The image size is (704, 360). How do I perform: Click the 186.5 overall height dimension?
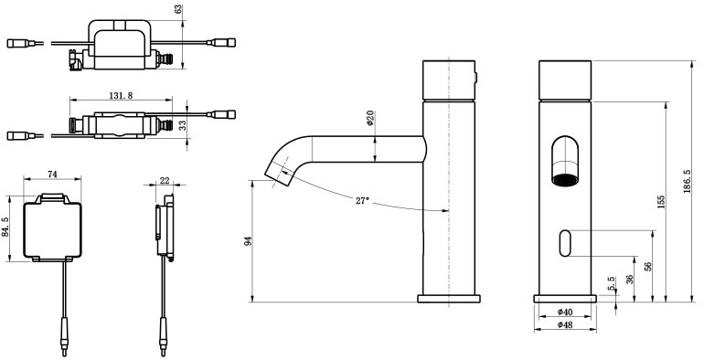click(688, 181)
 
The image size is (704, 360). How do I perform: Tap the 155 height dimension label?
click(660, 202)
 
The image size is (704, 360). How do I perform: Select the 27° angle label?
click(362, 201)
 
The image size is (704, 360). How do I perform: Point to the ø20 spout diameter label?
click(370, 118)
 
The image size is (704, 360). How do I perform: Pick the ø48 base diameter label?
click(565, 325)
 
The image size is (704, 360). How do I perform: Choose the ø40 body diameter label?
click(565, 312)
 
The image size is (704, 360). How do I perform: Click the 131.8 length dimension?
click(121, 96)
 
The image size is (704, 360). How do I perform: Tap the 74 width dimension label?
click(52, 175)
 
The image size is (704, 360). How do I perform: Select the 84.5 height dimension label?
click(5, 228)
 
